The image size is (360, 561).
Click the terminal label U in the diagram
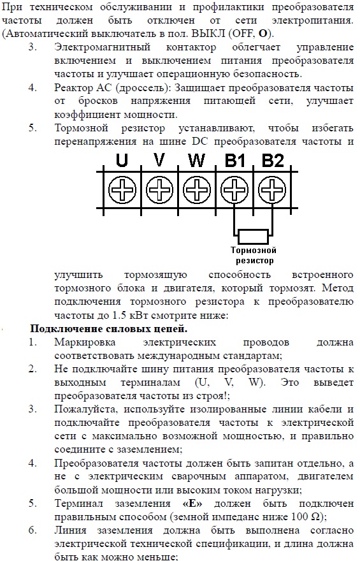point(122,159)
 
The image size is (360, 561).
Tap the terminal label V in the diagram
point(159,159)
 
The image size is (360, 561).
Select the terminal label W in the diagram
point(197,159)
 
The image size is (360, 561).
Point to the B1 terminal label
point(235,159)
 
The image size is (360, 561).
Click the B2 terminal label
point(273,159)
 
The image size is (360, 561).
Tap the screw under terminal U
point(122,189)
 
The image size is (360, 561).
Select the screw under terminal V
point(159,189)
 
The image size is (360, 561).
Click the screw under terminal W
point(197,189)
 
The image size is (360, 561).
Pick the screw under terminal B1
point(234,189)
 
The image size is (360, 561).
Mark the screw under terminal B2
point(272,189)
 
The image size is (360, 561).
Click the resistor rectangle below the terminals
point(254,236)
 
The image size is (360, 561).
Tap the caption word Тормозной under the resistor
point(254,250)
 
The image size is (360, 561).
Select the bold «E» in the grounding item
point(192,504)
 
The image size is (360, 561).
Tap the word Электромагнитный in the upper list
point(102,47)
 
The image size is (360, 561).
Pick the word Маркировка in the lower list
point(85,343)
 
